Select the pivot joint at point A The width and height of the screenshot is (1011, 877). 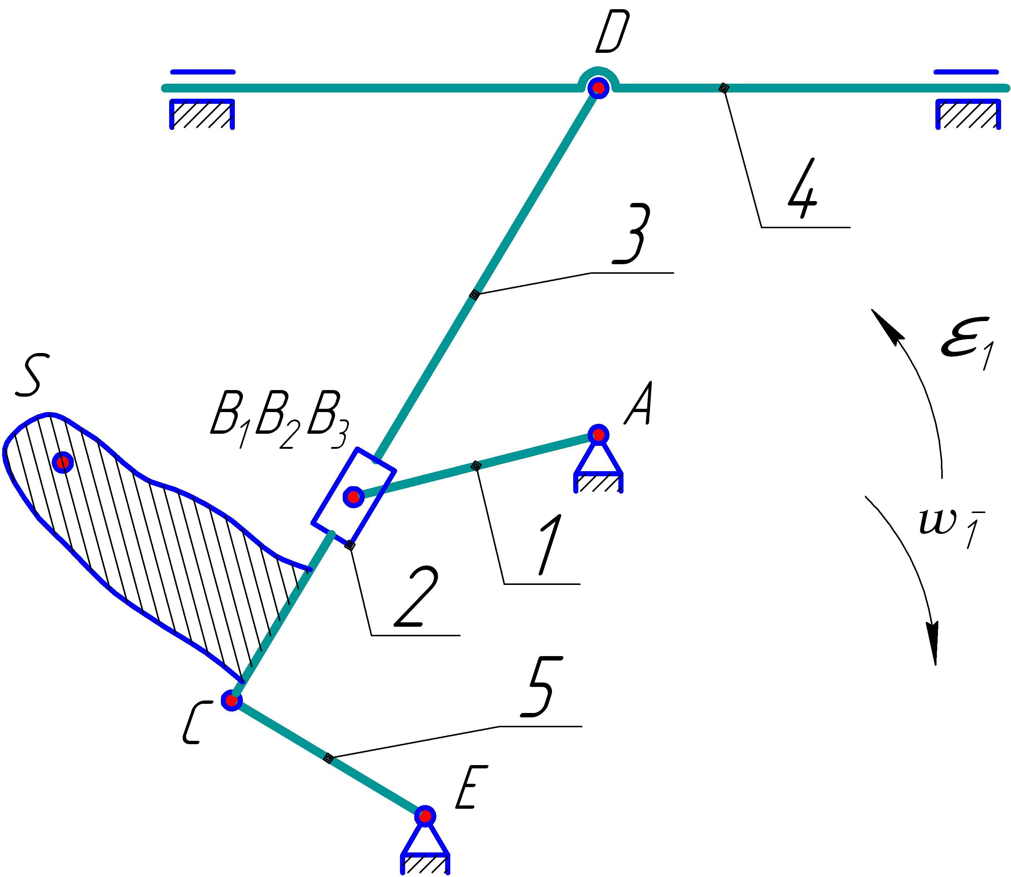(x=598, y=434)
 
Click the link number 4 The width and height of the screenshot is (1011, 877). (x=803, y=188)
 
